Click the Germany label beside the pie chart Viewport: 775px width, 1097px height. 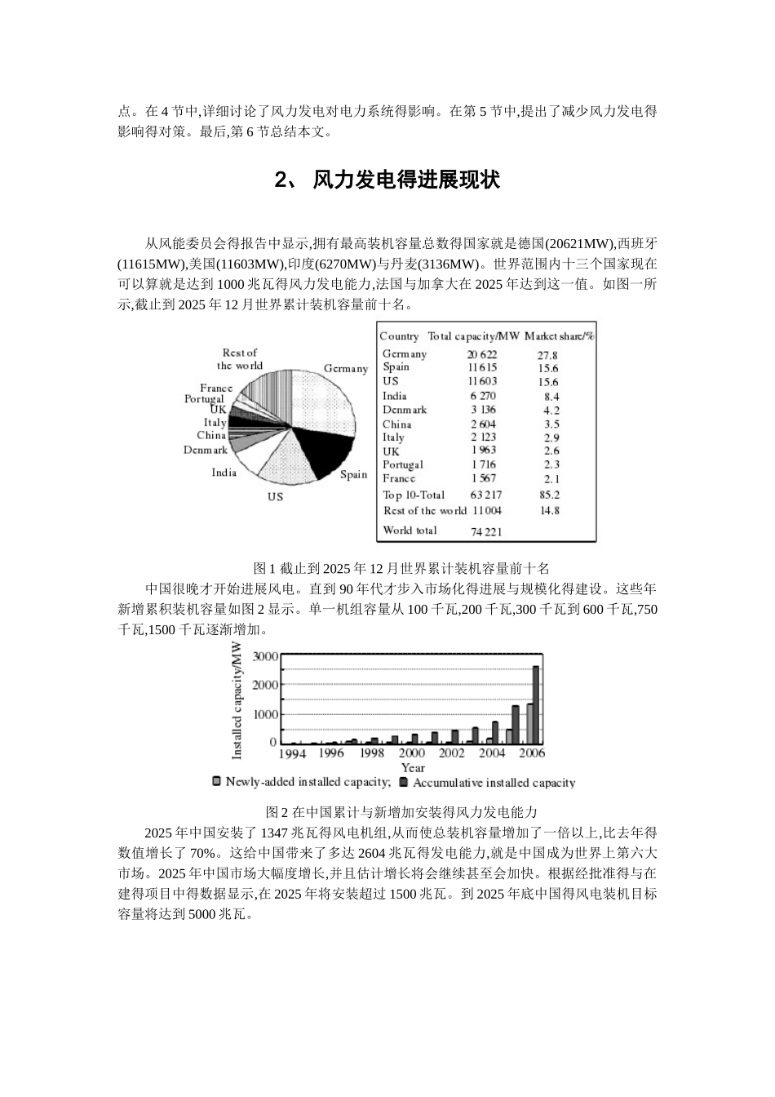coord(345,368)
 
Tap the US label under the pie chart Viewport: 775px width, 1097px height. coord(275,496)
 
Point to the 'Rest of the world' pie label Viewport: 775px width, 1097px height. coord(240,359)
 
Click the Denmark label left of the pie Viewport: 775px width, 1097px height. coord(205,450)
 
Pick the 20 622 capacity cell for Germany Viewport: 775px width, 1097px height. coord(481,354)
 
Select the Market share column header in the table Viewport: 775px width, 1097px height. coord(559,335)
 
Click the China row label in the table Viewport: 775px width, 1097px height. coord(396,424)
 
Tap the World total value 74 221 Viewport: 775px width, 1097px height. coord(486,531)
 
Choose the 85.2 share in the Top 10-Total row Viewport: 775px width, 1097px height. coord(549,495)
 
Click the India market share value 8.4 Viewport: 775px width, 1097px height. coord(551,396)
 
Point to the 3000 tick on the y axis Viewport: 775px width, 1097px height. coord(265,655)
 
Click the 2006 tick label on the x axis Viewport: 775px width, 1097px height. coord(531,753)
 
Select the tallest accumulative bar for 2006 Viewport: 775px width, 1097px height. coord(536,704)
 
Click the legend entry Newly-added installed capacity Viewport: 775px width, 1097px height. coord(302,782)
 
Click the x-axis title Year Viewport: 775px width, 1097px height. coord(413,767)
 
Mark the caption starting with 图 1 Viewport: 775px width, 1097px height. coord(402,568)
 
